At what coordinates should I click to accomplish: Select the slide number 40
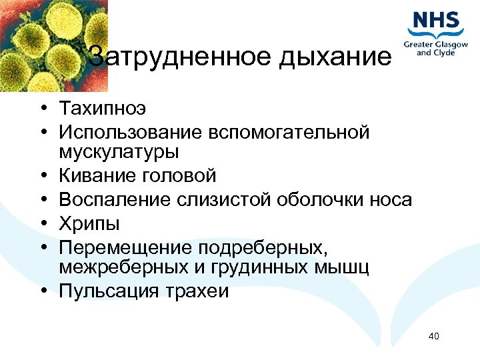pos(434,335)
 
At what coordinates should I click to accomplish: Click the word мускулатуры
pos(119,152)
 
